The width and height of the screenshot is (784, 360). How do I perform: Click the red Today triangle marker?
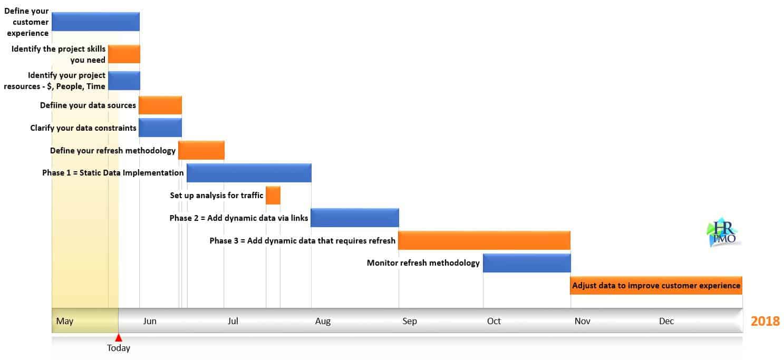(119, 338)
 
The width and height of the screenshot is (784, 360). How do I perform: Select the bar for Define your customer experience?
(95, 22)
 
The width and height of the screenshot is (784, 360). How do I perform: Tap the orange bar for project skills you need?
(124, 54)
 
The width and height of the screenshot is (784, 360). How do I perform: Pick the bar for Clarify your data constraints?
(160, 128)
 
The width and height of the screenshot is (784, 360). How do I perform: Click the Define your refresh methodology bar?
(201, 150)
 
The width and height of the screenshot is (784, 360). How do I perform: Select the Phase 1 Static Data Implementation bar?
(249, 173)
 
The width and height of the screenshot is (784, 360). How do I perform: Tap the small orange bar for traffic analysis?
(273, 196)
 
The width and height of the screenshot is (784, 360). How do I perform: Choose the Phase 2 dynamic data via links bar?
(355, 218)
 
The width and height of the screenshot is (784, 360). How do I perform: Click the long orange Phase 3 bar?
(484, 240)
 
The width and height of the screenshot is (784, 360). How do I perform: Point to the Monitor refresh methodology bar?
(527, 263)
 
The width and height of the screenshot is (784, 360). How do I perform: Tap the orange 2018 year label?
(765, 321)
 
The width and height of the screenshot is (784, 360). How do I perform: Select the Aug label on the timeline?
(323, 321)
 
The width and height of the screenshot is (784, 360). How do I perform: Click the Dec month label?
(666, 321)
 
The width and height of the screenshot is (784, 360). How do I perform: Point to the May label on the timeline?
(64, 321)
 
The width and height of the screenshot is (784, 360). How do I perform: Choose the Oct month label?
(494, 321)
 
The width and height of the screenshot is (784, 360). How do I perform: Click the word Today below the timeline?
(119, 348)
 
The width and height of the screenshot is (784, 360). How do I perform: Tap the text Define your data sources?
(88, 105)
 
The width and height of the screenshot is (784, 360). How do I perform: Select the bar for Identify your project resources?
(124, 81)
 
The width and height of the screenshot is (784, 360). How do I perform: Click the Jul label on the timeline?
(233, 321)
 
